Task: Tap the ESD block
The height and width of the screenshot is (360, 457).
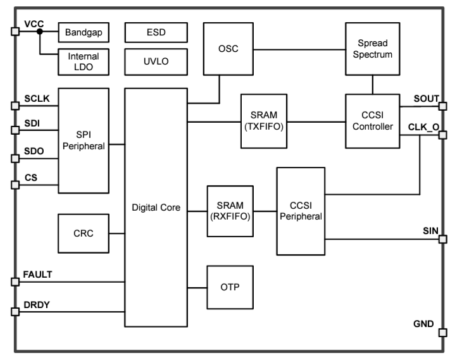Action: pos(156,31)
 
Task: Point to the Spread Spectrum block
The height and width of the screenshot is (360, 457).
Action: pos(372,49)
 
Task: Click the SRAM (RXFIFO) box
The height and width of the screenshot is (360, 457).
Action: pos(230,211)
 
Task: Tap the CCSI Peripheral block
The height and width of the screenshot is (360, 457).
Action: pos(300,211)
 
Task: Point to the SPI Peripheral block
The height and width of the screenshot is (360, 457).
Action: pos(83,140)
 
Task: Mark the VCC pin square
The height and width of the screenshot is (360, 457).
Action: pos(15,31)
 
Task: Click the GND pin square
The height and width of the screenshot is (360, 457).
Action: pos(442,333)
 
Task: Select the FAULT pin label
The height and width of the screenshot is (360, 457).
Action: pos(38,274)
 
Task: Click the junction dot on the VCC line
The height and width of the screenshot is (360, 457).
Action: pos(40,31)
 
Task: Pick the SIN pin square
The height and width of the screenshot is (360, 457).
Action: pos(442,239)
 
